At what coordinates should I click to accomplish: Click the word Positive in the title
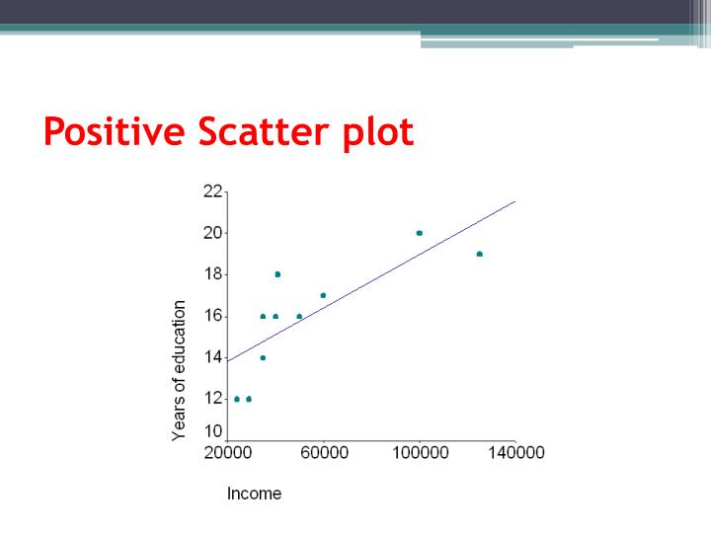[117, 131]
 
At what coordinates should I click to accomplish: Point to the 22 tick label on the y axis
[213, 191]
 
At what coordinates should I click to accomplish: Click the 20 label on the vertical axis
[213, 233]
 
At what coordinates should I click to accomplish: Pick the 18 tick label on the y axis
[213, 274]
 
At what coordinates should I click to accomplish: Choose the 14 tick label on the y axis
[213, 357]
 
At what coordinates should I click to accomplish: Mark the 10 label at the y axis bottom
[213, 431]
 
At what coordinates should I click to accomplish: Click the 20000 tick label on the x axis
[228, 453]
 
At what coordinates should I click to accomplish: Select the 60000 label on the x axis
[324, 453]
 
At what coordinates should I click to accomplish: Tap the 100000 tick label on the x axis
[420, 453]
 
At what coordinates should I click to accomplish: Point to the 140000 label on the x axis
[515, 453]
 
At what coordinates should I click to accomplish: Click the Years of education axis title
[180, 371]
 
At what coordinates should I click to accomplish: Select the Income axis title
[254, 494]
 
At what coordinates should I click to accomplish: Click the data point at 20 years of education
[420, 233]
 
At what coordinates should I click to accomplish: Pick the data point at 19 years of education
[480, 254]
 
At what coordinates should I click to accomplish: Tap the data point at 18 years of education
[277, 274]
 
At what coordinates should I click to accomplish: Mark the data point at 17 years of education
[323, 295]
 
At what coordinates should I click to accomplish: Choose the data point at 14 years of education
[263, 357]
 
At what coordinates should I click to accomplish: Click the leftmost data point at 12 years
[237, 399]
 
